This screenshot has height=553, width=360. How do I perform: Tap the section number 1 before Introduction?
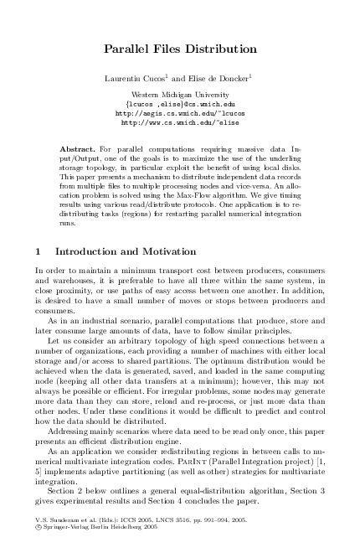pos(39,251)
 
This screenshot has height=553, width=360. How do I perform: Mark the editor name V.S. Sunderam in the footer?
pos(56,520)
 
